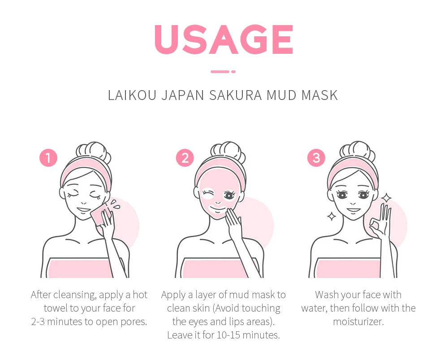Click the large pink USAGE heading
(224, 39)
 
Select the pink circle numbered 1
(48, 158)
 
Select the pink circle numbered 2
(185, 158)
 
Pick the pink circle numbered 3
(316, 158)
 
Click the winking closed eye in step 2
(208, 194)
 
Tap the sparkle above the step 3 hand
(386, 197)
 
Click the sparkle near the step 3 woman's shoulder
(332, 217)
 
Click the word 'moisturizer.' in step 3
(358, 321)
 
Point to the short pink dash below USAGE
(223, 71)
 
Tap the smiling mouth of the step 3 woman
(353, 209)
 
